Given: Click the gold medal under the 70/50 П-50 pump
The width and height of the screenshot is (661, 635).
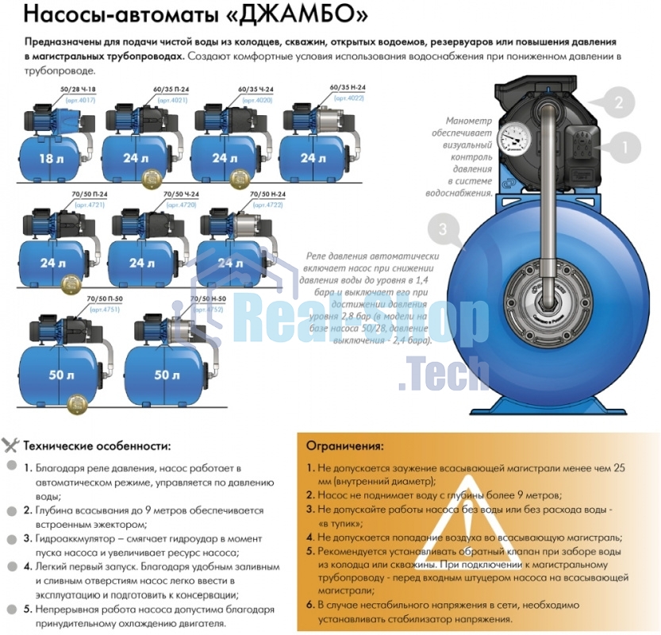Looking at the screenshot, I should click(75, 402).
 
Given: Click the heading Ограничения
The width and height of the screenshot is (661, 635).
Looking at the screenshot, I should click(345, 446).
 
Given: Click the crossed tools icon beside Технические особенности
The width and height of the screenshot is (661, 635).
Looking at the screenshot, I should click(11, 445).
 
